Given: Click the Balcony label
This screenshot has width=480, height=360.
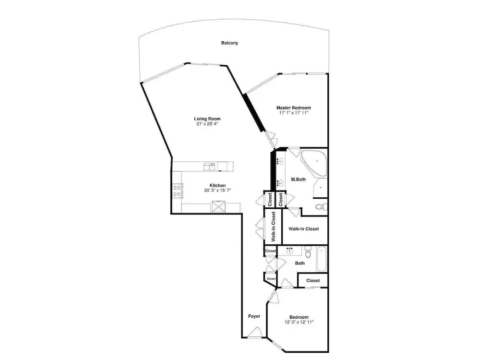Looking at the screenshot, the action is pyautogui.click(x=229, y=43).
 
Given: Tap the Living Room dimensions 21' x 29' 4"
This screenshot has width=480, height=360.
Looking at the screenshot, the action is pyautogui.click(x=207, y=124).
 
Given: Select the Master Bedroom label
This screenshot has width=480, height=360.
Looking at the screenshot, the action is pyautogui.click(x=294, y=108).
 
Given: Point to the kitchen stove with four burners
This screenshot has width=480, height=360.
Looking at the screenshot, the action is pyautogui.click(x=177, y=191).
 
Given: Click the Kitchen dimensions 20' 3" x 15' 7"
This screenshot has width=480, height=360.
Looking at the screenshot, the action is pyautogui.click(x=217, y=191).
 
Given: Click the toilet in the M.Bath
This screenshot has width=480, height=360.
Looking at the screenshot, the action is pyautogui.click(x=322, y=206).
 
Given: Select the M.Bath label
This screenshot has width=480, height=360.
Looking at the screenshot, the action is pyautogui.click(x=298, y=180).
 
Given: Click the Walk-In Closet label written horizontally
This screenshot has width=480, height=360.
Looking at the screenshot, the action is pyautogui.click(x=304, y=229).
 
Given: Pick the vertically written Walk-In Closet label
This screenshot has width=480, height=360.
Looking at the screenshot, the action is pyautogui.click(x=274, y=227).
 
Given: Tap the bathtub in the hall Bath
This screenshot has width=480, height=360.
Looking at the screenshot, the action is pyautogui.click(x=322, y=259).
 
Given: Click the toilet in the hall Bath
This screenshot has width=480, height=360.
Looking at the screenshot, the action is pyautogui.click(x=308, y=252).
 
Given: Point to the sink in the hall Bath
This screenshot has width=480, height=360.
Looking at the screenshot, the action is pyautogui.click(x=289, y=252).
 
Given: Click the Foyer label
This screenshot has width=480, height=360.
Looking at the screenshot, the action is pyautogui.click(x=254, y=316).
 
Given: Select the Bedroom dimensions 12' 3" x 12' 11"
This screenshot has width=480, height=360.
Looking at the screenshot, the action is pyautogui.click(x=299, y=322).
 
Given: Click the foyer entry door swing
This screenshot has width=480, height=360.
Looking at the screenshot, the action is pyautogui.click(x=255, y=333).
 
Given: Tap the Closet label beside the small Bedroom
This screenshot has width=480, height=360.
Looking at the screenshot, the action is pyautogui.click(x=313, y=280).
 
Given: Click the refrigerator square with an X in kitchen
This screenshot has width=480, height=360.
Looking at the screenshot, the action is pyautogui.click(x=218, y=206).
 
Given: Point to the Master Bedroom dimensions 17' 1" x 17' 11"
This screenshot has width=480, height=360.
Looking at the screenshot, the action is pyautogui.click(x=294, y=113).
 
